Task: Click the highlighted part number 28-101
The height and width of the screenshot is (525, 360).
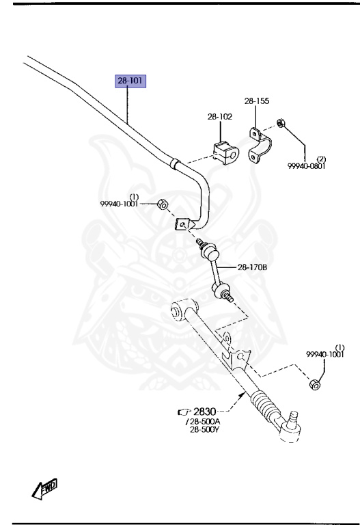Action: pos(130,81)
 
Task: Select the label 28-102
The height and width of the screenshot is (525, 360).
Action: pos(220,116)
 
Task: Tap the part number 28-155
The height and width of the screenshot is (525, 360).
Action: pos(257,100)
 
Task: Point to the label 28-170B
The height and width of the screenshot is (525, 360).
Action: pos(252,267)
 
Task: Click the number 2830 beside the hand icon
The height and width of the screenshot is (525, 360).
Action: pos(205,411)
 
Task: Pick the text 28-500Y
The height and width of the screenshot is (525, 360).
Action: pos(205,429)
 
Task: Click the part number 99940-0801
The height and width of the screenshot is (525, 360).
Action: pos(307,165)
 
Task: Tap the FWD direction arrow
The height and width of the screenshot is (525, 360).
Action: pos(44,489)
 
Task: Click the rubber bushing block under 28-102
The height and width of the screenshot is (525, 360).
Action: pos(226,152)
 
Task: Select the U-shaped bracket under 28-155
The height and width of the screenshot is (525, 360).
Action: pos(260,146)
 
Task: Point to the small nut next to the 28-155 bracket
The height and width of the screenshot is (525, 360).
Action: pos(281,123)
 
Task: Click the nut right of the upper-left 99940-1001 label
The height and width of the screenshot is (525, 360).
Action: pos(163,204)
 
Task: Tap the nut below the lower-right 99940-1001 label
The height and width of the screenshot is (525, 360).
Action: pos(315,384)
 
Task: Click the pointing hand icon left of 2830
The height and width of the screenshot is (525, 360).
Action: pos(184,412)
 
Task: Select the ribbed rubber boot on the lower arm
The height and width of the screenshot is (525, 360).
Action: pos(264,405)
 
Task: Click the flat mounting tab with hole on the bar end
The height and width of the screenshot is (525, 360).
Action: pos(182,224)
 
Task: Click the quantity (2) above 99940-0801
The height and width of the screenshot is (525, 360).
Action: pos(321,159)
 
